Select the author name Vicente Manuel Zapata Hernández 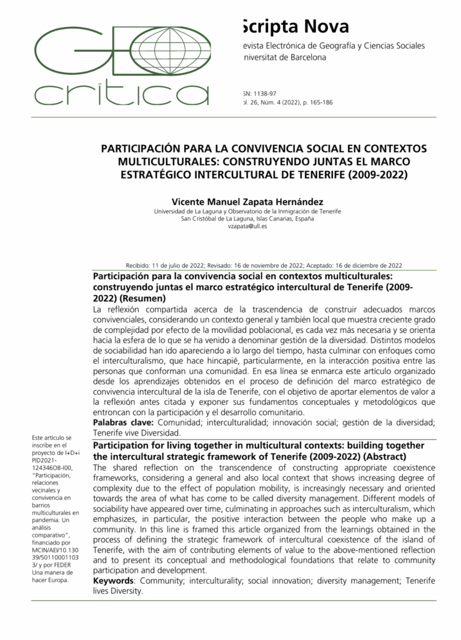pos(247,201)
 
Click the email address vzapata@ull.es pos(247,226)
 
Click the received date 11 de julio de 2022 pos(179,265)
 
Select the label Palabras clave pos(119,423)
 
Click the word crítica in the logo pos(112,95)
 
